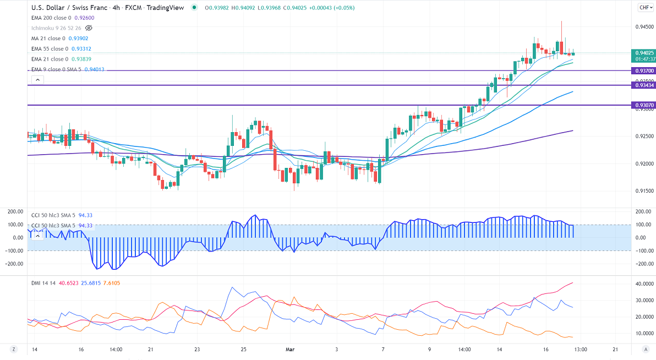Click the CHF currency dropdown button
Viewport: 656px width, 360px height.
pos(645,7)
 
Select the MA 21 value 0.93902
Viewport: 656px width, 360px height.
pos(76,39)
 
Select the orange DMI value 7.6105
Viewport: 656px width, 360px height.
pos(111,283)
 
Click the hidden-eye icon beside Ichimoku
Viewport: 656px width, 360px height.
pos(89,28)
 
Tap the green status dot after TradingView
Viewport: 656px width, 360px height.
pos(194,8)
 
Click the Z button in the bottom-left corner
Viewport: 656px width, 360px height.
pos(13,349)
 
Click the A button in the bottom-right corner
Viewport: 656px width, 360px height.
pos(645,349)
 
